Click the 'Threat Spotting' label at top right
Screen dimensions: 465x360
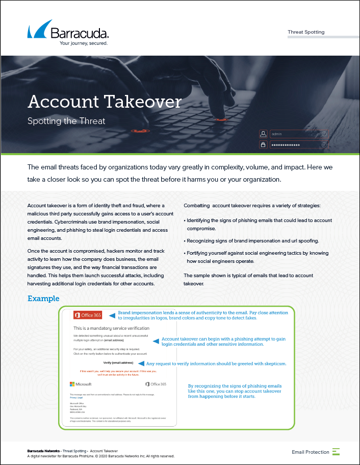point(306,32)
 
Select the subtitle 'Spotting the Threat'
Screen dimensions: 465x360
point(66,121)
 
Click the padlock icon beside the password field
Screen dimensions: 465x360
point(264,145)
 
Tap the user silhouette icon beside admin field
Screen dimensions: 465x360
point(264,134)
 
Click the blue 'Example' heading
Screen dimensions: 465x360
point(43,299)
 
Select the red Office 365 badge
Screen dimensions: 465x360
point(88,315)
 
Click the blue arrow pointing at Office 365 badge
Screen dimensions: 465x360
point(112,315)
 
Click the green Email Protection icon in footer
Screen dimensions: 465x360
point(336,452)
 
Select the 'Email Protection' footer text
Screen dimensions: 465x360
point(310,452)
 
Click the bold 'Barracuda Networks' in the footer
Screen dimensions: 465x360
point(43,451)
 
